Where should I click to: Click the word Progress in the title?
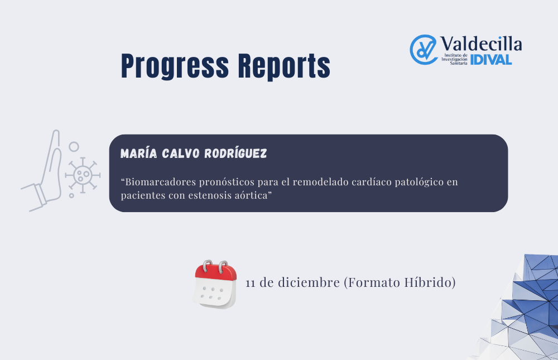pos(175,66)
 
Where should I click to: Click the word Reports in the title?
pos(284,66)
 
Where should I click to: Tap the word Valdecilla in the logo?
pos(481,44)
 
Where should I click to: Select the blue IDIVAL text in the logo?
pos(491,60)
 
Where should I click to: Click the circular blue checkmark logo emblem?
pos(423,50)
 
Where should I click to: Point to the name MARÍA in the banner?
pos(139,153)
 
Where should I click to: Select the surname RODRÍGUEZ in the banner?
pos(235,153)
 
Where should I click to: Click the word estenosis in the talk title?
pos(210,195)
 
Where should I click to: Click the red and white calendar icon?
pos(215,284)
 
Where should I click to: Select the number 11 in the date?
pos(251,283)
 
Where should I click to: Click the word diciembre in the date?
pos(309,282)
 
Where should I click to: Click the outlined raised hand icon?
pos(44,171)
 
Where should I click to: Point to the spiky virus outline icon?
pos(83,175)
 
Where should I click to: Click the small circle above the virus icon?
pos(74,147)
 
